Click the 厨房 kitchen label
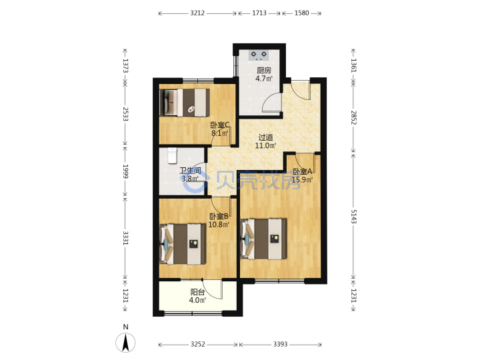[263, 71]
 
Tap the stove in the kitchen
[259, 55]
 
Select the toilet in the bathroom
[173, 155]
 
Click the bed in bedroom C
[185, 103]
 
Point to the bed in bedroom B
[183, 244]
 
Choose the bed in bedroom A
[264, 239]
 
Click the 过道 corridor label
[265, 137]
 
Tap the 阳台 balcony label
[197, 292]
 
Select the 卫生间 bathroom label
[190, 171]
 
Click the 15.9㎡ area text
[302, 180]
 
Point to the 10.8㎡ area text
[219, 225]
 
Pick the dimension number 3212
[197, 13]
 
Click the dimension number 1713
[259, 13]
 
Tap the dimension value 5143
[353, 217]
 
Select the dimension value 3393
[281, 345]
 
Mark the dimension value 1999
[125, 171]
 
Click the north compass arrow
[125, 342]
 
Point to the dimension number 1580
[301, 13]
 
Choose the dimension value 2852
[353, 117]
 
